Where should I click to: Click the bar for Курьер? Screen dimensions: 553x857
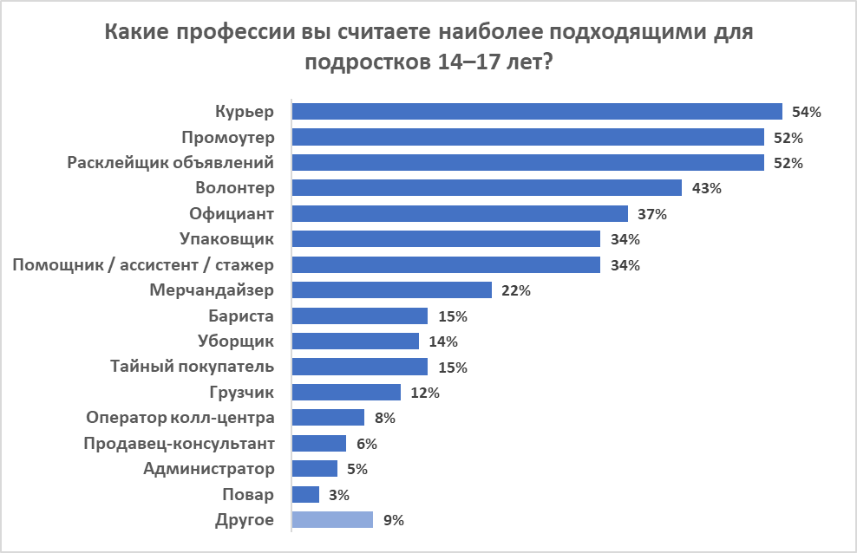click(x=537, y=111)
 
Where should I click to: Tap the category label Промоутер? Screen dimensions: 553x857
click(x=228, y=137)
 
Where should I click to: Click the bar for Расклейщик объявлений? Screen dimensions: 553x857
click(x=527, y=163)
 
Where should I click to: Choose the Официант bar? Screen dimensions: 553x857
click(x=460, y=213)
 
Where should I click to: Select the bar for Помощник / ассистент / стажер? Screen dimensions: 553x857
click(x=446, y=264)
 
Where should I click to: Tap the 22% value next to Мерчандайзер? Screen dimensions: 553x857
click(x=515, y=290)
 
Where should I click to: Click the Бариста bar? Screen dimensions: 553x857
click(x=360, y=316)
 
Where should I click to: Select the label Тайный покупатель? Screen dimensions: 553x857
click(x=193, y=366)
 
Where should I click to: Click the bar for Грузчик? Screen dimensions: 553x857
click(x=346, y=393)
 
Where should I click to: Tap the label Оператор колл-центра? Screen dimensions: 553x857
click(x=180, y=418)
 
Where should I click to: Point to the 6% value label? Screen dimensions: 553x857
click(x=366, y=444)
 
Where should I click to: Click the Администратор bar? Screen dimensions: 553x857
click(x=315, y=469)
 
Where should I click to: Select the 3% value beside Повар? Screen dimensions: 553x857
click(x=339, y=495)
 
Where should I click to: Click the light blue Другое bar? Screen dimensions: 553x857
click(x=332, y=520)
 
